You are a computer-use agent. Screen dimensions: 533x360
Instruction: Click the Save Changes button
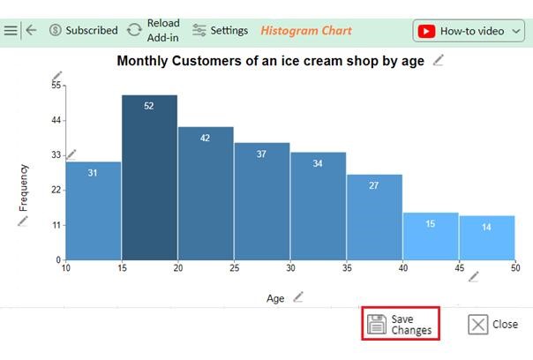(400, 324)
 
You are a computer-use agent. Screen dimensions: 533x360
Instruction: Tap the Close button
(493, 325)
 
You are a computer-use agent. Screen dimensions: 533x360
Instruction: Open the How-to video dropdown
(469, 31)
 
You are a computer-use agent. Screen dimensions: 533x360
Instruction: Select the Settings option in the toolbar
(220, 31)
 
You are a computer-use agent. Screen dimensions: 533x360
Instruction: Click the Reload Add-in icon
(134, 30)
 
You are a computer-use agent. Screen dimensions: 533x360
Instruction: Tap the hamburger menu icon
(11, 30)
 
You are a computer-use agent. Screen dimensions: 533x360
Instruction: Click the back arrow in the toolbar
(31, 30)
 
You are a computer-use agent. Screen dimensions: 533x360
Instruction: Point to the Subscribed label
(92, 30)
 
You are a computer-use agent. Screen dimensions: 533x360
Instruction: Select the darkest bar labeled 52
(149, 177)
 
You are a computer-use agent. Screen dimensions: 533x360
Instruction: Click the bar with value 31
(94, 211)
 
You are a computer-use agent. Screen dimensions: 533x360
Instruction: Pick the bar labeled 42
(206, 193)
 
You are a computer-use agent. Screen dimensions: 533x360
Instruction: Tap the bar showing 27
(374, 217)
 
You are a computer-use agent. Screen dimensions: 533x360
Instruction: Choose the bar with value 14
(487, 238)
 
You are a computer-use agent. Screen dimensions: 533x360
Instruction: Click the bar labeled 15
(431, 236)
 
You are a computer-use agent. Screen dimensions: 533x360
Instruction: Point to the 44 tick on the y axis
(56, 120)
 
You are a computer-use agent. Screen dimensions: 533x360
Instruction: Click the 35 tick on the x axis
(347, 268)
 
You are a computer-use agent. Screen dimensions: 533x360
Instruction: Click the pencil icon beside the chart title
(439, 60)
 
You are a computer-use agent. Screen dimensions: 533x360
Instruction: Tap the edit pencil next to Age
(298, 296)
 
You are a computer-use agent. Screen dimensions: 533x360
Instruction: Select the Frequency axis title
(24, 188)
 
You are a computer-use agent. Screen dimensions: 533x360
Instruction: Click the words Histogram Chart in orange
(306, 31)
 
